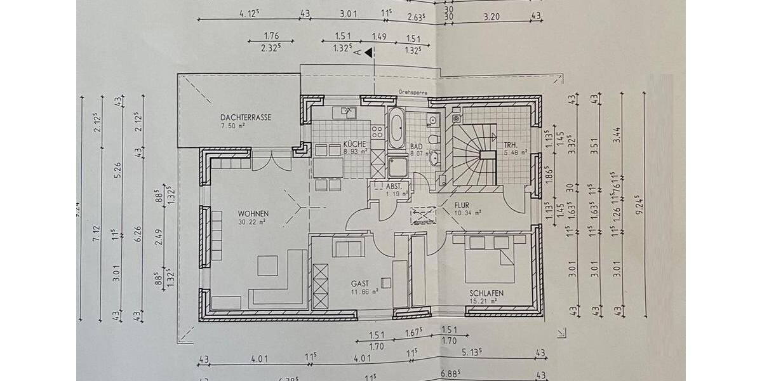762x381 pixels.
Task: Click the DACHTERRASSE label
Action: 246,117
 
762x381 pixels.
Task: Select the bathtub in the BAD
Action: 396,130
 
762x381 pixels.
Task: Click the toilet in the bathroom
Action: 434,139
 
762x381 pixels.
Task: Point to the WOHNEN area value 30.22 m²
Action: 253,222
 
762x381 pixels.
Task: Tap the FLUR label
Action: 462,206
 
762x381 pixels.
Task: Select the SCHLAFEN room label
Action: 486,293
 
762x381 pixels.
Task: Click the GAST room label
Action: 360,284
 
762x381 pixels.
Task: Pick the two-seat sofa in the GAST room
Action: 347,248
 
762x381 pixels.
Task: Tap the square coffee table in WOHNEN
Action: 267,265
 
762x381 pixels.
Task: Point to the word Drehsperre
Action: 413,91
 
